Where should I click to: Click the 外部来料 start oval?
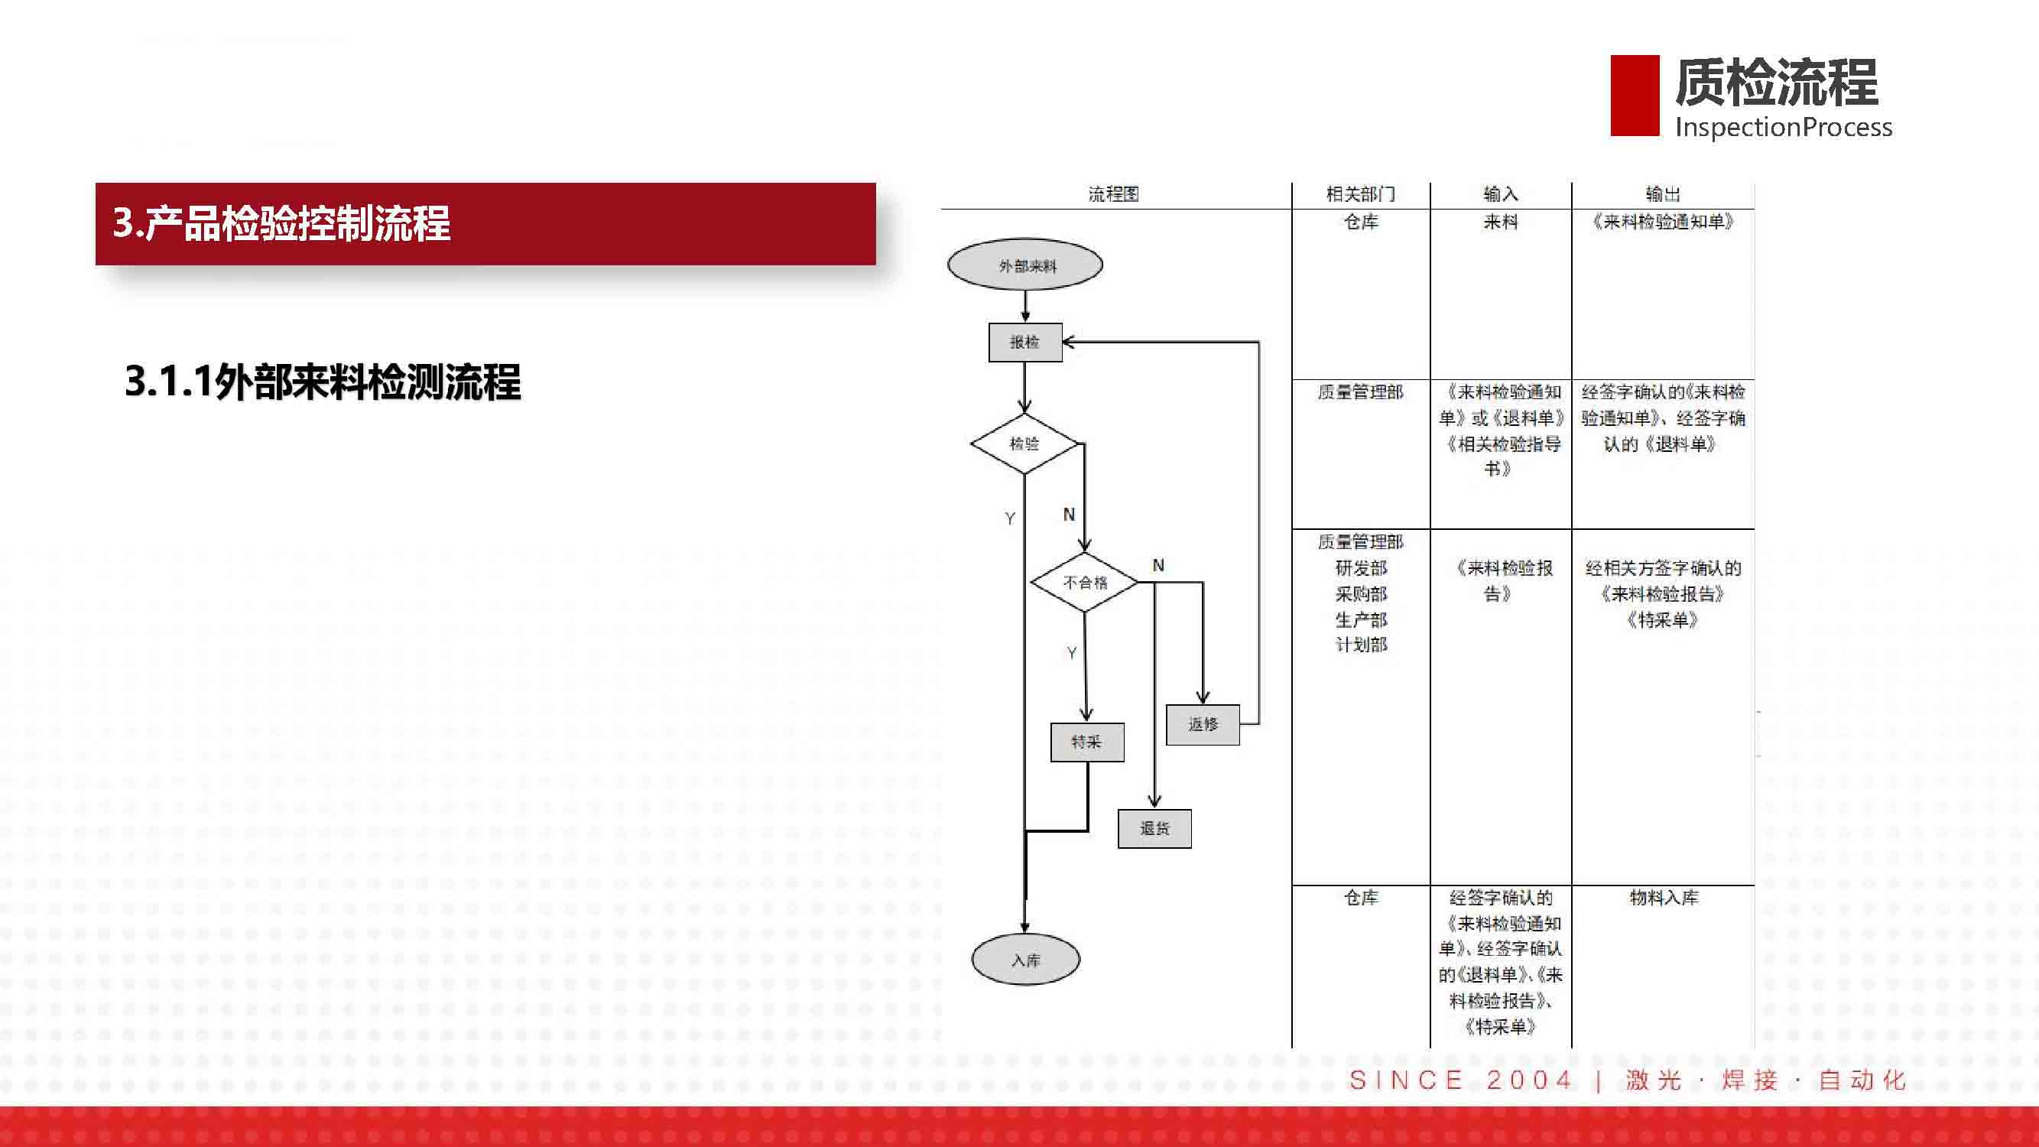coord(1025,265)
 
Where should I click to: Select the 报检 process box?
coord(1025,342)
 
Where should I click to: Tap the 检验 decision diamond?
coord(1024,444)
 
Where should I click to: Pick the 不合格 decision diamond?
coord(1084,582)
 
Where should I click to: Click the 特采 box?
coord(1087,742)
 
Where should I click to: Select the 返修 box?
coord(1203,724)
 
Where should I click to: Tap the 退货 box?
coord(1154,829)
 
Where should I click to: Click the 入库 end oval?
coord(1026,960)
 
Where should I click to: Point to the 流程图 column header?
coord(1113,194)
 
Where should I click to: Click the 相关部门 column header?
coord(1361,194)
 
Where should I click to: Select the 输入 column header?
coord(1500,194)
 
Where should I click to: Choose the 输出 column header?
coord(1662,194)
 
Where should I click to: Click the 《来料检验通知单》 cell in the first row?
coord(1662,223)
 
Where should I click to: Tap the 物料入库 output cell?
coord(1664,898)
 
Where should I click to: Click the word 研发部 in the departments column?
coord(1362,568)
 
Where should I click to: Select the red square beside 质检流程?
coord(1635,95)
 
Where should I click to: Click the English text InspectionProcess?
coord(1784,128)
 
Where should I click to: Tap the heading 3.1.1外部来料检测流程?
coord(323,382)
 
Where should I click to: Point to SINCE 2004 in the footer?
coord(1460,1080)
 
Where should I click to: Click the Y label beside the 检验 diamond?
coord(1010,518)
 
